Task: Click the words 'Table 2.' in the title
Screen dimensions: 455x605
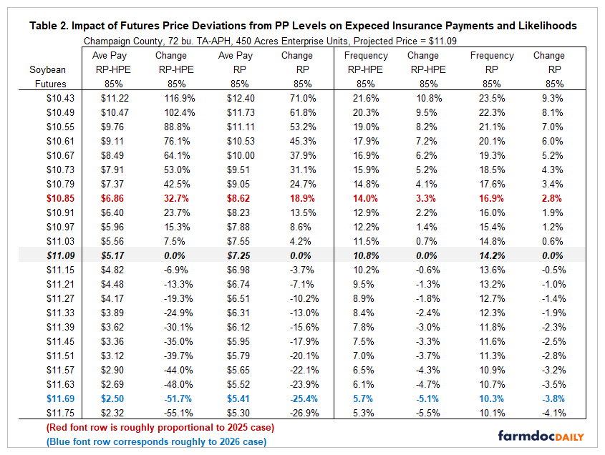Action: coord(51,26)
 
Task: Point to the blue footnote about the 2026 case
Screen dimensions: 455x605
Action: coord(156,441)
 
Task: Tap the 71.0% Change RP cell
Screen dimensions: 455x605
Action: coord(296,97)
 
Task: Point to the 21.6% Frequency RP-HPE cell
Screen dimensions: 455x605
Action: coord(366,97)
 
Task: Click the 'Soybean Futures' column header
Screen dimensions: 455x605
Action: coord(47,76)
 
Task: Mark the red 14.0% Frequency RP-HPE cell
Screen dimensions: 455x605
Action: coord(366,197)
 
